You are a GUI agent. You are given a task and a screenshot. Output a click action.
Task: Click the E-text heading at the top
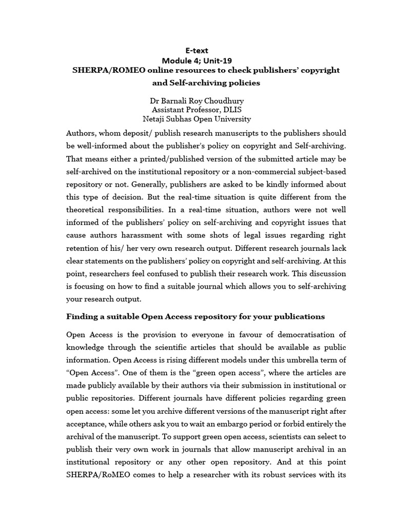coord(197,50)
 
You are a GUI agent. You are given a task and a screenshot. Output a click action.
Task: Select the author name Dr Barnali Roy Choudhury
coord(197,101)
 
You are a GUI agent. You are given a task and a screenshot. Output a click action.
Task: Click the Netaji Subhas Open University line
coord(197,119)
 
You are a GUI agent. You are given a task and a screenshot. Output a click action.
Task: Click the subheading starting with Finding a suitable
coord(195,316)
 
